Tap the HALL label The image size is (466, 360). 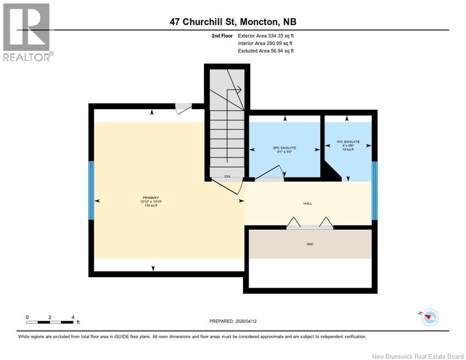(308, 203)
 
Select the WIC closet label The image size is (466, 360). (309, 244)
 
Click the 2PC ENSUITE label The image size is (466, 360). (285, 148)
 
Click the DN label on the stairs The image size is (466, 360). (227, 176)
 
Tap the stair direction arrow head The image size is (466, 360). (239, 89)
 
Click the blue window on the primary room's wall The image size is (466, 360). (91, 190)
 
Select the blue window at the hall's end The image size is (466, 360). (374, 190)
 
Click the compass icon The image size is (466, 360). (429, 317)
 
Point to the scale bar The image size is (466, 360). (50, 322)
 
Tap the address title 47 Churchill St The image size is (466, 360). (233, 22)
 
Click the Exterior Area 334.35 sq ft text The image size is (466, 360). (266, 36)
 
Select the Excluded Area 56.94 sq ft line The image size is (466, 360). (266, 51)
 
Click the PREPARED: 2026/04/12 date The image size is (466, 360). (233, 321)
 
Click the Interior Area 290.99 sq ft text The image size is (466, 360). (266, 43)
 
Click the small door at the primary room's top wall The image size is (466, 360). (183, 108)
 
